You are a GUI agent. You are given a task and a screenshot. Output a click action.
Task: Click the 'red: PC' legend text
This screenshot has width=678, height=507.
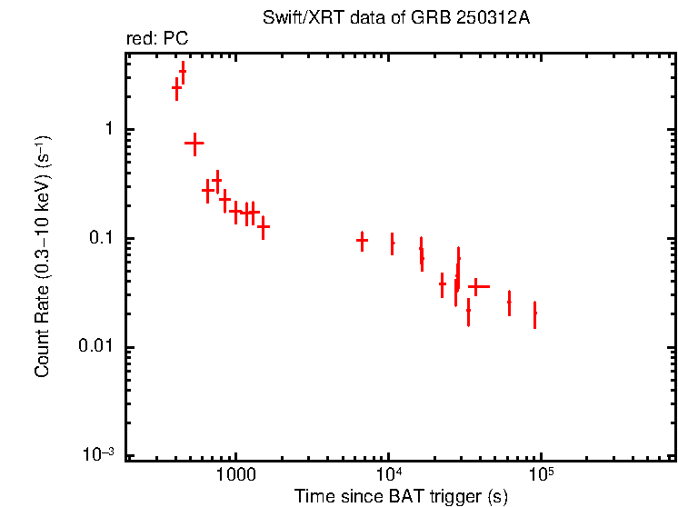(x=157, y=39)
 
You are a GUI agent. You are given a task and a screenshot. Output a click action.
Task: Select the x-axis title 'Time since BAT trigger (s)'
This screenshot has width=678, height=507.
(x=401, y=496)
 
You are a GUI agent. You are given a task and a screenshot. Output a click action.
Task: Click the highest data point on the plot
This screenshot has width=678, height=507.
(x=183, y=70)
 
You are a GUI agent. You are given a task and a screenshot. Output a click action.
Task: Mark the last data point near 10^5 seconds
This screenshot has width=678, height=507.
(x=535, y=313)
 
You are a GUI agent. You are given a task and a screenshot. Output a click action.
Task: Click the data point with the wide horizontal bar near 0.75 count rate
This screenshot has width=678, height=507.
(x=194, y=144)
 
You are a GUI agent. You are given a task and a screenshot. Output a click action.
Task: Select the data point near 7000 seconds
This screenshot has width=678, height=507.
(x=362, y=241)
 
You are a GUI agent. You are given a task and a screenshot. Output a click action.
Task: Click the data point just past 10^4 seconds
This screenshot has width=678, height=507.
(x=392, y=243)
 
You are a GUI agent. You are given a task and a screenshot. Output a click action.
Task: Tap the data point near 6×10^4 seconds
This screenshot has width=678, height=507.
(x=509, y=302)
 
